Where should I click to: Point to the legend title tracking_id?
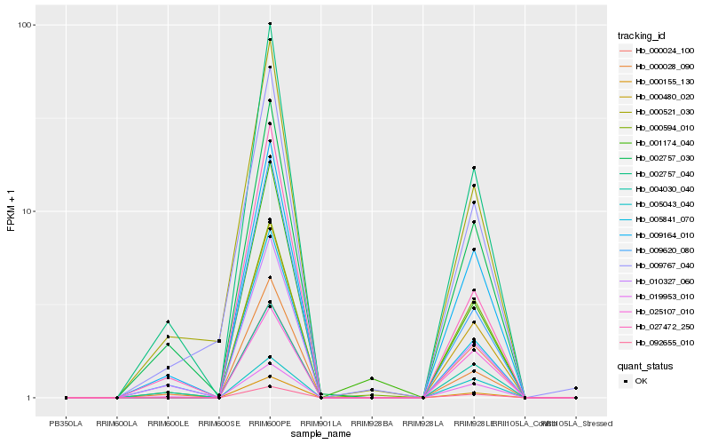pyautogui.click(x=642, y=36)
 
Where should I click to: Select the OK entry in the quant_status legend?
pyautogui.click(x=642, y=380)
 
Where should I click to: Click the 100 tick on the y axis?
pyautogui.click(x=27, y=24)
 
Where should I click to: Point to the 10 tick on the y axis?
pyautogui.click(x=29, y=211)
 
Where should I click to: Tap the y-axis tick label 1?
pyautogui.click(x=32, y=398)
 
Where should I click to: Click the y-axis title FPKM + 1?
pyautogui.click(x=12, y=210)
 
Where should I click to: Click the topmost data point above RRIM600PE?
pyautogui.click(x=270, y=24)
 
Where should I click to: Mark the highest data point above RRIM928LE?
pyautogui.click(x=474, y=168)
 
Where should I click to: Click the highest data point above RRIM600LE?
pyautogui.click(x=169, y=321)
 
